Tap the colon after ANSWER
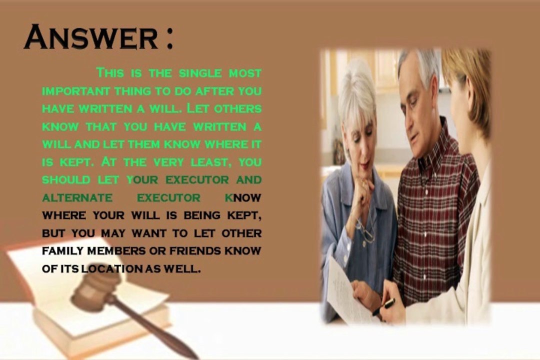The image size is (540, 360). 168,39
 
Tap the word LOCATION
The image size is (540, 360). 112,268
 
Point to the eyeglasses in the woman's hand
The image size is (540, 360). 365,233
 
